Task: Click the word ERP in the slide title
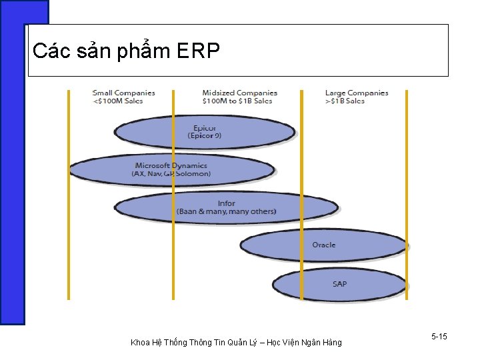point(199,51)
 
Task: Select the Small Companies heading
point(123,93)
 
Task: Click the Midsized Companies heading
point(239,93)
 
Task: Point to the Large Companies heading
point(356,93)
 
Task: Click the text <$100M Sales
point(117,101)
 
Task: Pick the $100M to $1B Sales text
point(237,101)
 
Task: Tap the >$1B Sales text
point(345,101)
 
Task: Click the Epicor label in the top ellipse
point(205,128)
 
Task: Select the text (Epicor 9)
point(205,135)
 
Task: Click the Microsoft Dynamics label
point(171,165)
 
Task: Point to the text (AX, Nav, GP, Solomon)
point(171,173)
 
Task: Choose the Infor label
point(227,203)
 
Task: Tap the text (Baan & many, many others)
point(227,211)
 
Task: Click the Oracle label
point(324,245)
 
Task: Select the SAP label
point(339,284)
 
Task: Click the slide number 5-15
point(439,337)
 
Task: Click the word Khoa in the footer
point(141,343)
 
